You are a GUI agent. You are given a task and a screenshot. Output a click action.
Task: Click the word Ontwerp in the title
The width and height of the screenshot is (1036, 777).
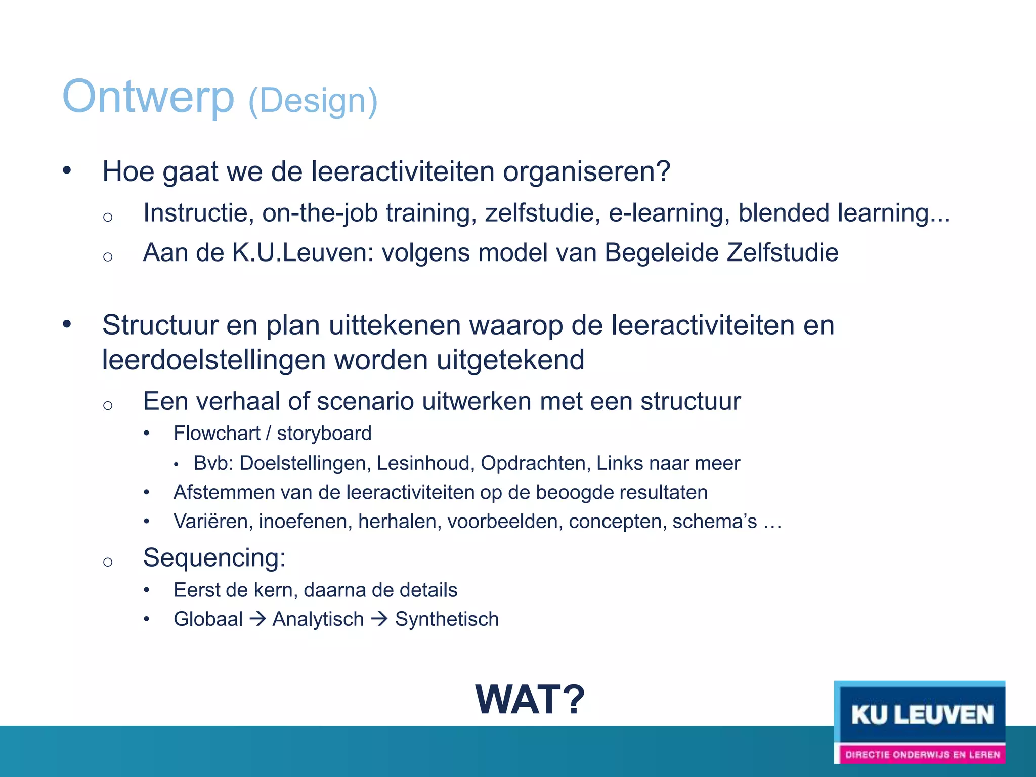point(148,97)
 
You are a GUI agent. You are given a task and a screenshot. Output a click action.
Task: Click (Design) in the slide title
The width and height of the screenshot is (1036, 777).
point(313,101)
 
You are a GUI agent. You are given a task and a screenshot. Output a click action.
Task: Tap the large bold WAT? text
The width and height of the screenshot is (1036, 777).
point(530,700)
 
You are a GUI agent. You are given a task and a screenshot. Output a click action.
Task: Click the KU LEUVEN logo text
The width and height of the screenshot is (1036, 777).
point(922,715)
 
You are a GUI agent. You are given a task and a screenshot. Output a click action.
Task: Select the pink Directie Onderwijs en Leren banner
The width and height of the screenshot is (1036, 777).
point(922,754)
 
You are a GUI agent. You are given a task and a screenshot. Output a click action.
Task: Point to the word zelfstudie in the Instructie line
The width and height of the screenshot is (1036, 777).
point(542,213)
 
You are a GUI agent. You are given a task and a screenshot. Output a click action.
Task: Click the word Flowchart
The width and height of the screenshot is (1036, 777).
point(217,434)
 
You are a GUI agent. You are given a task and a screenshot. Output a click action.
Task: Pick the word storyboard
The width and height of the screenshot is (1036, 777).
point(324,434)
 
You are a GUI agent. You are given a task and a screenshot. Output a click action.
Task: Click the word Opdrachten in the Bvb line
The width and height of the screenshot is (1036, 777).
point(535,463)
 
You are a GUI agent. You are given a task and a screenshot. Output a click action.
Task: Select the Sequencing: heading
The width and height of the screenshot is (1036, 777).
point(214,558)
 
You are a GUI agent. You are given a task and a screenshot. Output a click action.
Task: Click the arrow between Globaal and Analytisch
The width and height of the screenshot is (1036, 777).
point(258,619)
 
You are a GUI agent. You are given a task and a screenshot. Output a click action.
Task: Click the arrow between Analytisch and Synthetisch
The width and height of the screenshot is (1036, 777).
point(379,619)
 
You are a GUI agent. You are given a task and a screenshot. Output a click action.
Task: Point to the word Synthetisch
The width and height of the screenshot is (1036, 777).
point(447,619)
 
